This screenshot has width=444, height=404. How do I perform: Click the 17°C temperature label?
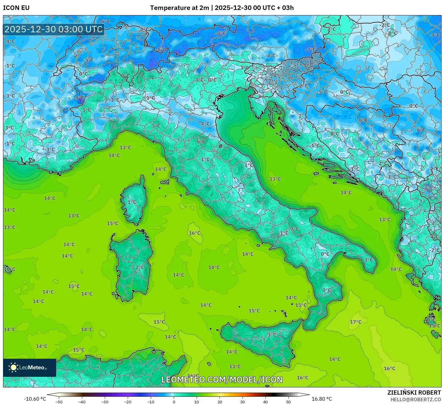(x=356, y=322)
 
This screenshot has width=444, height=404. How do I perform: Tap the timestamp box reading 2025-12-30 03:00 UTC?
(x=54, y=29)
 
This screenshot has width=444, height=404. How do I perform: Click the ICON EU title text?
(x=16, y=8)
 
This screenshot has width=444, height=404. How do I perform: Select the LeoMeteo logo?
(x=30, y=367)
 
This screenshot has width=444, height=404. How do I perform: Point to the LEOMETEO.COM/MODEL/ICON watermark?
(x=222, y=380)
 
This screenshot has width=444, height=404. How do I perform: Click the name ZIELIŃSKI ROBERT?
(x=414, y=393)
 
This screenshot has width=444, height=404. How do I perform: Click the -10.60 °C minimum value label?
(x=35, y=399)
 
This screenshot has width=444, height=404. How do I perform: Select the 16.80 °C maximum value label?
(x=322, y=399)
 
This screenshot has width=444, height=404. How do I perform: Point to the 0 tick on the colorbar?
(x=174, y=402)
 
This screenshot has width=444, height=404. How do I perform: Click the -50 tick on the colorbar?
(x=59, y=402)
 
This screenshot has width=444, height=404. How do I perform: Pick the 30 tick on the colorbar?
(x=243, y=402)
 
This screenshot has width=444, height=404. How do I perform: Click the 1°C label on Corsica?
(x=132, y=202)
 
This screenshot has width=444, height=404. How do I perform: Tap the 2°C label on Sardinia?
(x=140, y=267)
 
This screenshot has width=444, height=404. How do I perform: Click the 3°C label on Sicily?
(x=272, y=335)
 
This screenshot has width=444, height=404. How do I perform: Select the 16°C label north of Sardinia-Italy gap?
(x=195, y=233)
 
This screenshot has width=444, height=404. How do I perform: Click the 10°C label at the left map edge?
(x=9, y=269)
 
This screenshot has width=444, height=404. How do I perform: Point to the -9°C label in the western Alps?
(x=79, y=98)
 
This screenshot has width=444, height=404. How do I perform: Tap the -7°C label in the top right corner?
(x=435, y=35)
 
